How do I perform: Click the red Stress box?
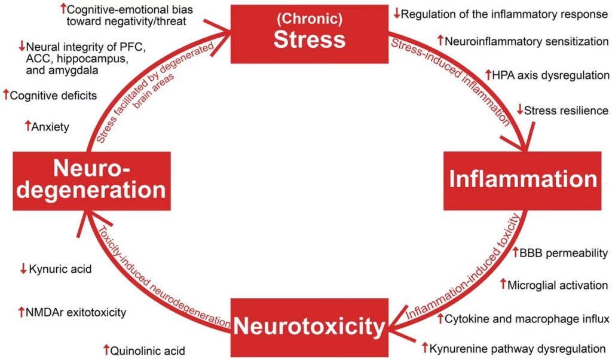[309, 30]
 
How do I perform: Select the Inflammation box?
[523, 179]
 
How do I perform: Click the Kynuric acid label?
[60, 270]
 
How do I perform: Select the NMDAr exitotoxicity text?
[77, 312]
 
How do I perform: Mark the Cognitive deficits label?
[54, 95]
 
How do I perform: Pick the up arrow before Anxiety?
[27, 126]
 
